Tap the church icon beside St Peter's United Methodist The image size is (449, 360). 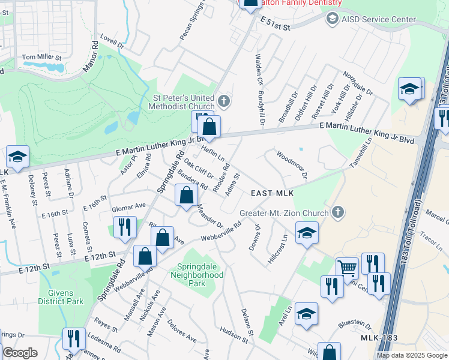[223, 100]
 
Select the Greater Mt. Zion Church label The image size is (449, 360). [284, 213]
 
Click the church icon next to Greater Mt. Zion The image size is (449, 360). [338, 212]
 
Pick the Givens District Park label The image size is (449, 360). [61, 297]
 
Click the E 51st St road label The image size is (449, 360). [276, 24]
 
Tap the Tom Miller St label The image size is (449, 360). [42, 58]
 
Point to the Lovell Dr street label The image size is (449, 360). [112, 44]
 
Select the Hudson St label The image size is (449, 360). [234, 334]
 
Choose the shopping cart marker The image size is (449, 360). [347, 269]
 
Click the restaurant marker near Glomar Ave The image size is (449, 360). [124, 227]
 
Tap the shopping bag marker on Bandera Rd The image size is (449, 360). [187, 194]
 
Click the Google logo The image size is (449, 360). [20, 353]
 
